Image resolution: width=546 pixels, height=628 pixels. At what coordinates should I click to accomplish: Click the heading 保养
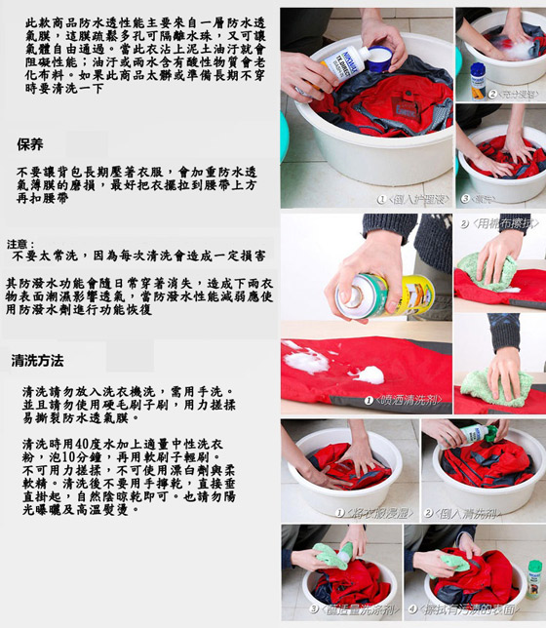(29, 145)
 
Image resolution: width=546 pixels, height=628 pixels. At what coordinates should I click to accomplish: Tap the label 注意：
(20, 245)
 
